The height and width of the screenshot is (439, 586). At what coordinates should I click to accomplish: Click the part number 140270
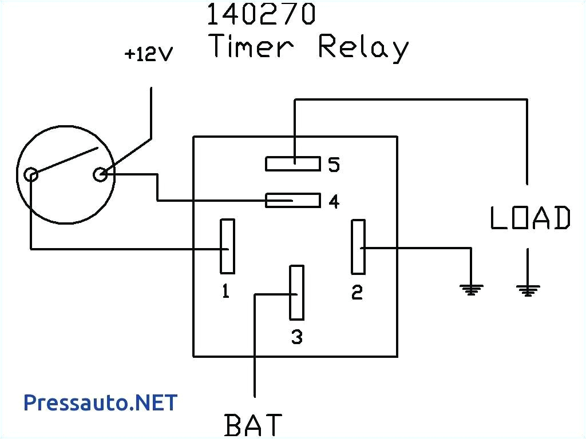click(x=260, y=15)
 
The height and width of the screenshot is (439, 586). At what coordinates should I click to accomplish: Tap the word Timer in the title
click(x=252, y=46)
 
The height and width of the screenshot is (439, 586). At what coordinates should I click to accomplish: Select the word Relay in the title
click(x=363, y=47)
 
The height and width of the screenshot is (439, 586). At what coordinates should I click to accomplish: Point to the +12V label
click(x=149, y=55)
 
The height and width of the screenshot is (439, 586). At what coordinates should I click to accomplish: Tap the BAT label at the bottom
click(x=254, y=425)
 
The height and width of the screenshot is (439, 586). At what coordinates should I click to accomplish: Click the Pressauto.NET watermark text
click(x=100, y=402)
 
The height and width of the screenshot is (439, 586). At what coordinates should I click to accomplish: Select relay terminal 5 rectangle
click(x=292, y=163)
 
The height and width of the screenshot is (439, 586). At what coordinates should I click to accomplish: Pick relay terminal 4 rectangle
click(x=292, y=200)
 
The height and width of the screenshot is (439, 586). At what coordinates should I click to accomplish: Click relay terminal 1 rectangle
click(x=227, y=246)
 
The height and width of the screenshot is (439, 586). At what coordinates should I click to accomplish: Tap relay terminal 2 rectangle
click(x=358, y=246)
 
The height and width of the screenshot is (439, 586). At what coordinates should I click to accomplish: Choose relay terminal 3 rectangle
click(x=296, y=292)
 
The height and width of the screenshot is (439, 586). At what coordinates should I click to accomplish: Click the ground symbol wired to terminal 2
click(x=470, y=290)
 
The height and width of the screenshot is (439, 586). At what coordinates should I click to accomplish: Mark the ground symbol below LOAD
click(x=527, y=290)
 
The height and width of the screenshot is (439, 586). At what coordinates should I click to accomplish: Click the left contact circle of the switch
click(x=31, y=174)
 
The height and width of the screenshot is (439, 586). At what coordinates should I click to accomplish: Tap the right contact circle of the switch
click(x=101, y=174)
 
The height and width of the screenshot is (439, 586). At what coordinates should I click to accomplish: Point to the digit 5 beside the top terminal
click(x=334, y=165)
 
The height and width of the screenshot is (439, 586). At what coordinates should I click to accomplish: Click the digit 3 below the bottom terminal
click(x=296, y=337)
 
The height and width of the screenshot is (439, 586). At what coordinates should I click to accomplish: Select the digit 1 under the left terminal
click(x=226, y=292)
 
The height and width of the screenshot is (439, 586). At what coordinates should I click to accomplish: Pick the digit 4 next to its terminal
click(x=334, y=202)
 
